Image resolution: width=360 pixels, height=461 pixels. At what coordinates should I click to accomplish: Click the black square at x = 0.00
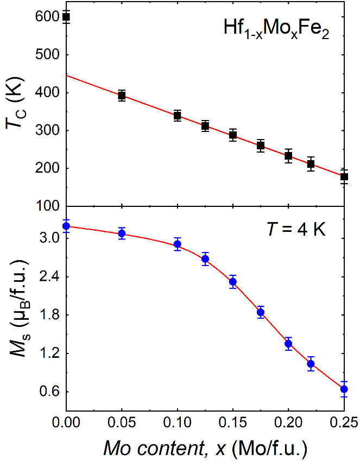coord(66,17)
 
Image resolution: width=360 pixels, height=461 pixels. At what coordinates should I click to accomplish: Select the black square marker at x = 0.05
coord(122,96)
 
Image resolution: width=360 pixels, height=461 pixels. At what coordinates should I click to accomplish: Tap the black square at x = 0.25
coord(344,176)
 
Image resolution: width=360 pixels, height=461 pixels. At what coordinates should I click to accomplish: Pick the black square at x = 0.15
coord(233,135)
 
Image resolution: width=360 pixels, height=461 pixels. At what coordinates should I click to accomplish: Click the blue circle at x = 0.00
coord(66,226)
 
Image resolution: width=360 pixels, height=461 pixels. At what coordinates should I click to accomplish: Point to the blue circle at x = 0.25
coord(344,389)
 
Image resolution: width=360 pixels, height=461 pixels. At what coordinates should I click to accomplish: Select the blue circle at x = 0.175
coord(261,312)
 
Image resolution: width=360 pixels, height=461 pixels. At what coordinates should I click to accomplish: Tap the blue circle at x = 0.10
coord(178,244)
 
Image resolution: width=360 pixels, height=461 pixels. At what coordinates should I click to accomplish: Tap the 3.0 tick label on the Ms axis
coord(49,238)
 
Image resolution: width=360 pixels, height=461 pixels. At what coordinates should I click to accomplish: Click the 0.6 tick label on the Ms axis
coord(49,392)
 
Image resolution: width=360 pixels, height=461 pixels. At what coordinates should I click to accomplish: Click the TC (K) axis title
coord(15,113)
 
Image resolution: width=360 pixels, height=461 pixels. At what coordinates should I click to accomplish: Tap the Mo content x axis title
coord(205,447)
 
